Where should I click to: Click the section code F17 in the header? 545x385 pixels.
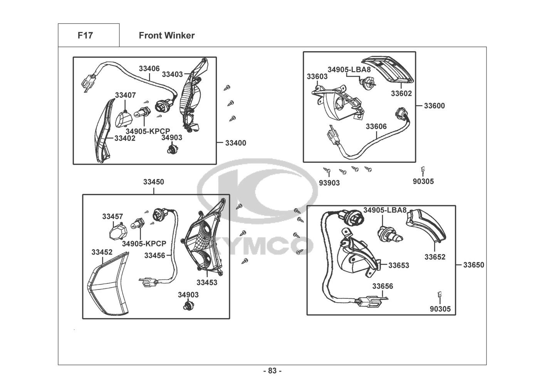[85, 35]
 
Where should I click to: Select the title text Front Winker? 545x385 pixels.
[166, 35]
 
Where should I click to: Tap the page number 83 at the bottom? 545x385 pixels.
[272, 371]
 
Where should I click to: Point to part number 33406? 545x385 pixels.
[149, 69]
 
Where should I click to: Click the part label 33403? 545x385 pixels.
[172, 74]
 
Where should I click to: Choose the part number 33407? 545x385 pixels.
[125, 95]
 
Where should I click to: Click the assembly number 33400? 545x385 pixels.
[235, 143]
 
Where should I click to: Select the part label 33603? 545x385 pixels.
[317, 76]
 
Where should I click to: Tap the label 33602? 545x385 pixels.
[401, 93]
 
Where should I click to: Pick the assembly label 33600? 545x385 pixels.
[434, 105]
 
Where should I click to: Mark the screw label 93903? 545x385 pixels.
[329, 183]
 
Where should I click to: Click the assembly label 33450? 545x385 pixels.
[154, 182]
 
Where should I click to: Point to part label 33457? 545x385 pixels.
[112, 216]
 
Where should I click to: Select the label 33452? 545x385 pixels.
[102, 252]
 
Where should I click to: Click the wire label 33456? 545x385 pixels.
[154, 255]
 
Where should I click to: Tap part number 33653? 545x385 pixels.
[398, 265]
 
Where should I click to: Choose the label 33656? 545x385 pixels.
[382, 286]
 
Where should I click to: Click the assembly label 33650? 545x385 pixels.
[473, 265]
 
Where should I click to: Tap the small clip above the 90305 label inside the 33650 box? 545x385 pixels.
[440, 295]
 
